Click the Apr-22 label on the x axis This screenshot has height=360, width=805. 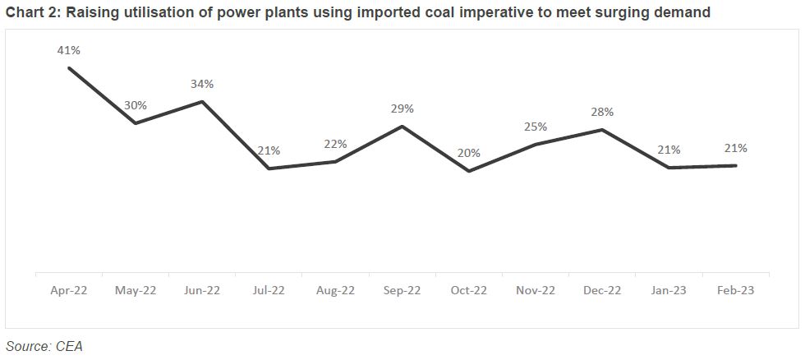[69, 290]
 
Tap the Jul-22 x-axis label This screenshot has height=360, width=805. [269, 290]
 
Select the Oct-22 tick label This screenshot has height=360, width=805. [469, 290]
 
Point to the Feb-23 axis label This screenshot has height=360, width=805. [735, 290]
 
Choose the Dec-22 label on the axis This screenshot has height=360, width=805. [602, 290]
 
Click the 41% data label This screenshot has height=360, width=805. [69, 51]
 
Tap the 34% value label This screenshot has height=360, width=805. [202, 84]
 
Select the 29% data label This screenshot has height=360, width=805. [402, 108]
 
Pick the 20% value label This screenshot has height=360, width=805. [469, 154]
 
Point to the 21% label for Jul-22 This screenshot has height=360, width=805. [269, 150]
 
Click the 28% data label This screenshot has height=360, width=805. [602, 112]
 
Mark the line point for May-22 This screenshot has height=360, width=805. [136, 123]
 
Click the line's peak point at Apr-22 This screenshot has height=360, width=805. [69, 67]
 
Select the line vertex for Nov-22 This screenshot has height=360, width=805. [536, 145]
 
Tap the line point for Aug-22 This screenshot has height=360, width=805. [335, 161]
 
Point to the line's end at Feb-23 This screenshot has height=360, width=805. [735, 166]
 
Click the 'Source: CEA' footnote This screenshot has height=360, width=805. [44, 346]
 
